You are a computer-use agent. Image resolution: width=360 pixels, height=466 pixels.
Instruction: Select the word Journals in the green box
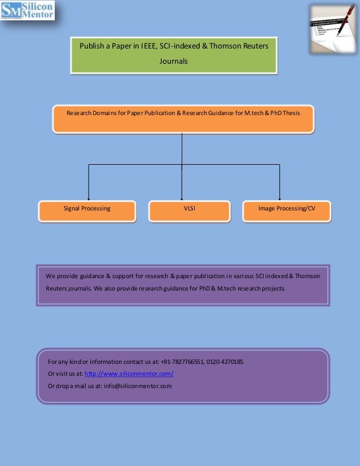173,61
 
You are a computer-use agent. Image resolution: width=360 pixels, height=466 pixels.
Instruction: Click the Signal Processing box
87,209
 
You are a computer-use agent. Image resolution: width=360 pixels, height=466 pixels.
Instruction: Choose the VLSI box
189,209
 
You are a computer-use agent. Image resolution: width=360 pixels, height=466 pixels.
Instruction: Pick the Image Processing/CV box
287,209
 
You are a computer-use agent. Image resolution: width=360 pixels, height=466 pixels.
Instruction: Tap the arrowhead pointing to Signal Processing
89,197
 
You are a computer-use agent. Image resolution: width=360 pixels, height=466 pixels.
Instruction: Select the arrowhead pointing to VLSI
182,197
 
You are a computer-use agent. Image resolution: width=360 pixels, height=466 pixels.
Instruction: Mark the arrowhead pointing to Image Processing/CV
280,197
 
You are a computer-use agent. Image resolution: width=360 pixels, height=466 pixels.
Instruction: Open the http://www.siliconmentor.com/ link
129,374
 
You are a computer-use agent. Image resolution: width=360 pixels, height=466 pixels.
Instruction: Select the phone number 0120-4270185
225,362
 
